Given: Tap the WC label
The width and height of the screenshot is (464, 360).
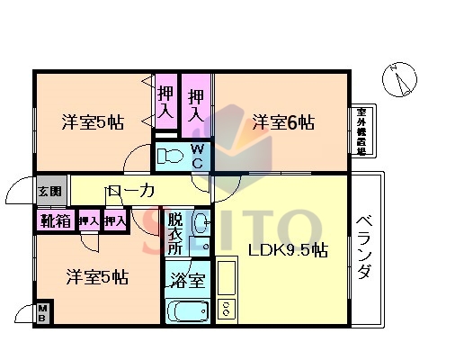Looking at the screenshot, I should coord(197,156).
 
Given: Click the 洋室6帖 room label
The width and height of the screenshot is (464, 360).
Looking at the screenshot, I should coord(282,121).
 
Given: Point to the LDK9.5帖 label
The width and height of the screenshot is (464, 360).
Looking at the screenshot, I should coord(286,250).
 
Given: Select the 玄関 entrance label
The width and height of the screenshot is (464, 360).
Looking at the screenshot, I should coord(50,191).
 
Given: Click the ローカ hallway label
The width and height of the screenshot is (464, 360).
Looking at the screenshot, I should coord(130,191).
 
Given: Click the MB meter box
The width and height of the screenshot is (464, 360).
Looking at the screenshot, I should coord(43,314).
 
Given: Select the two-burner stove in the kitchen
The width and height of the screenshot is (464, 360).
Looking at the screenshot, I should coord(226,309).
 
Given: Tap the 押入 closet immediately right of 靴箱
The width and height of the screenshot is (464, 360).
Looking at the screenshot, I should coord(87,220).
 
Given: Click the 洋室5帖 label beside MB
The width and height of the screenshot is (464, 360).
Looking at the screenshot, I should coord(96,277).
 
